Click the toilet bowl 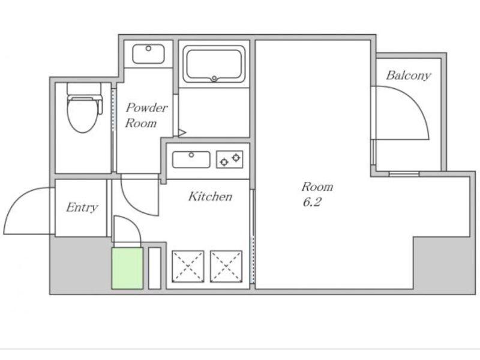click(83, 115)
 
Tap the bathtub click(214, 64)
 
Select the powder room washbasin click(148, 54)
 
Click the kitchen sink click(191, 160)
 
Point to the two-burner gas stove click(230, 159)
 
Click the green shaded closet click(127, 268)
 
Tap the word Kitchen click(210, 197)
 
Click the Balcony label click(409, 76)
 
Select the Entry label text click(82, 208)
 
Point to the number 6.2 click(312, 202)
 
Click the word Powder click(147, 108)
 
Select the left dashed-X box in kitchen click(188, 266)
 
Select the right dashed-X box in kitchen click(226, 266)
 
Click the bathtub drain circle click(214, 79)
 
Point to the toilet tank click(84, 89)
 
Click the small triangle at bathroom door click(182, 133)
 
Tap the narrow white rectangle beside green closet click(155, 268)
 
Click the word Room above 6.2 click(317, 187)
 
